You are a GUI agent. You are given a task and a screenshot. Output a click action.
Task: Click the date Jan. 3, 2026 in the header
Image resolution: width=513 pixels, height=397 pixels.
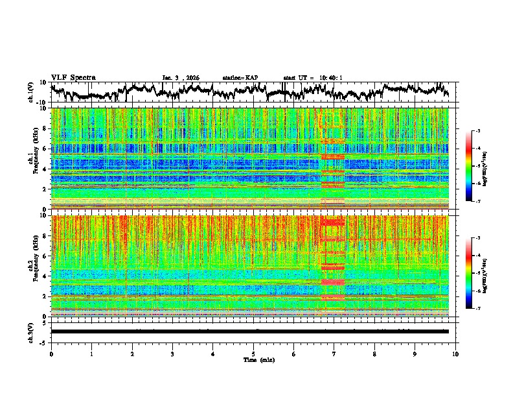point(181,78)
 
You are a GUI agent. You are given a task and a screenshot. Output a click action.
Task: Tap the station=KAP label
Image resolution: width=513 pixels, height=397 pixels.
point(240,78)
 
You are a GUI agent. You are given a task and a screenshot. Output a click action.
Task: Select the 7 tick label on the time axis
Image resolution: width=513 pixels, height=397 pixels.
point(334,354)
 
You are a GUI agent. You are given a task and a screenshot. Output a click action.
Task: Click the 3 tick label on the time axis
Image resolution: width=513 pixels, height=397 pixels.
point(172,354)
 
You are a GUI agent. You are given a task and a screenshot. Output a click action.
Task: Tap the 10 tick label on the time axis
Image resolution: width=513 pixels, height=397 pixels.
point(455,354)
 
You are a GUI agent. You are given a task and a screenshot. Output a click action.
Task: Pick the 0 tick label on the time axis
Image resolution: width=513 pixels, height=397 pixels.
point(51,354)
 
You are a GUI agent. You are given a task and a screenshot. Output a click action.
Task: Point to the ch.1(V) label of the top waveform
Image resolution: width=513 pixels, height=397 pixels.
point(31,92)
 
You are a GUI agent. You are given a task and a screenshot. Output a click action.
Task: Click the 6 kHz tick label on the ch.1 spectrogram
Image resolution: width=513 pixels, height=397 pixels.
point(45,149)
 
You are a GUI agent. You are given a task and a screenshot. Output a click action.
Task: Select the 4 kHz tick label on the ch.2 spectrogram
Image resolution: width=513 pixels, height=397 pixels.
point(45,276)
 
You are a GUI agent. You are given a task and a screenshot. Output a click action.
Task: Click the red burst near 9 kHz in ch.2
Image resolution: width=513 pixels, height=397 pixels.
point(333,223)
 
